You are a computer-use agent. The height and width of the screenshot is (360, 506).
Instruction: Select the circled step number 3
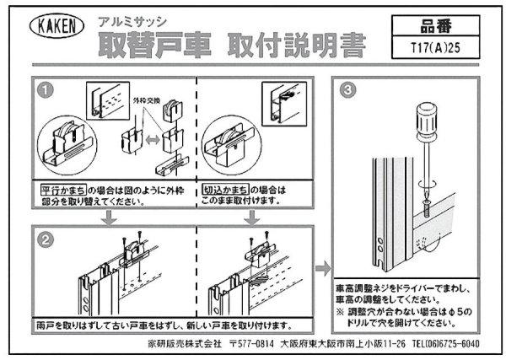coord(347,89)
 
